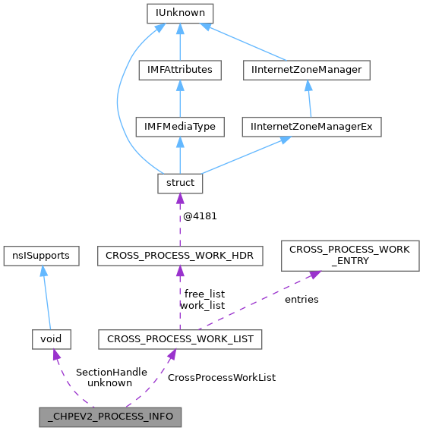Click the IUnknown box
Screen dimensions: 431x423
pyautogui.click(x=180, y=13)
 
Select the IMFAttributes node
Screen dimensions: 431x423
pyautogui.click(x=180, y=70)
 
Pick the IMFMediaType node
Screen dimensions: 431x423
pyautogui.click(x=180, y=126)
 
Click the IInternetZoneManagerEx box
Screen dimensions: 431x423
pyautogui.click(x=311, y=126)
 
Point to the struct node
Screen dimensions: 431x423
pyautogui.click(x=180, y=182)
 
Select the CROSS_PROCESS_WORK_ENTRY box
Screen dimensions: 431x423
pyautogui.click(x=350, y=255)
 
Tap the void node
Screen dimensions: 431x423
pyautogui.click(x=51, y=339)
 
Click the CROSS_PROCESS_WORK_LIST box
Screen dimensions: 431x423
pyautogui.click(x=180, y=339)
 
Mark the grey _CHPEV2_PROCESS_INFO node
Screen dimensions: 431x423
pyautogui.click(x=110, y=417)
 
